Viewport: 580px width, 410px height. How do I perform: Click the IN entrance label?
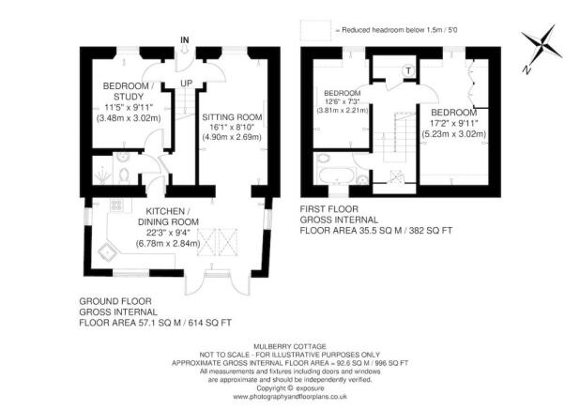coord(186,39)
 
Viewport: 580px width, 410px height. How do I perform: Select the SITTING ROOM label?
coord(232,116)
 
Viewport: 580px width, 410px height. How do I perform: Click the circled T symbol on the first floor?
coord(408,71)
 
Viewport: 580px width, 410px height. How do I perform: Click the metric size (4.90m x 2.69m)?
coord(232,138)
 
